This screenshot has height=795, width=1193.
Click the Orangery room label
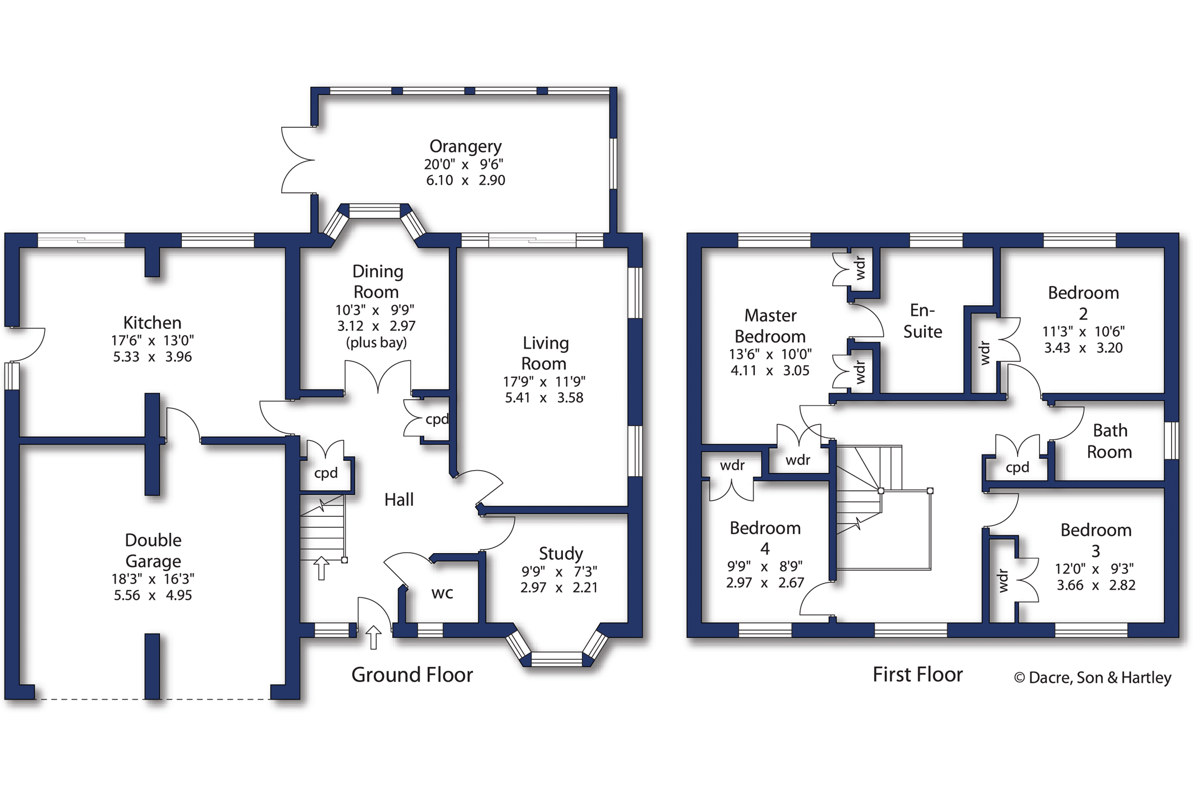(465, 146)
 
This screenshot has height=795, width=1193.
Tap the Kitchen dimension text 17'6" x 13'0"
(153, 341)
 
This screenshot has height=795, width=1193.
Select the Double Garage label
(153, 550)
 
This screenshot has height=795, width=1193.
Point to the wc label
(442, 593)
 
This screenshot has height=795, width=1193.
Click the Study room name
(561, 554)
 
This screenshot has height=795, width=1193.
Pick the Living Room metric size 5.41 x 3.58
(544, 398)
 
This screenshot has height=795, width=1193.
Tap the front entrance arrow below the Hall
(373, 638)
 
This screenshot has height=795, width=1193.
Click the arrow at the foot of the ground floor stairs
(321, 568)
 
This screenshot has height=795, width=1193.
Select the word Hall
(399, 499)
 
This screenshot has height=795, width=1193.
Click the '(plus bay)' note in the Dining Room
(377, 342)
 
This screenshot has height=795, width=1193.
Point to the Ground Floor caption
(412, 674)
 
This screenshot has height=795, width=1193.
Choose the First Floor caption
(917, 674)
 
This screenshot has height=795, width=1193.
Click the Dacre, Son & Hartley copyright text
(1093, 678)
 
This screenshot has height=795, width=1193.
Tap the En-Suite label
(923, 321)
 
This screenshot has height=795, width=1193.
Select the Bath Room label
(1109, 441)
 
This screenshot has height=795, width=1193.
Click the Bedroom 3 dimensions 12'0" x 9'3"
(1095, 569)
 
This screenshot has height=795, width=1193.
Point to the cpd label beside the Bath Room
(1017, 467)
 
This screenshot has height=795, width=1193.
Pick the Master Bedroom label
(770, 326)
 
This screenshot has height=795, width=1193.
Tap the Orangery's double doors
(297, 160)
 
